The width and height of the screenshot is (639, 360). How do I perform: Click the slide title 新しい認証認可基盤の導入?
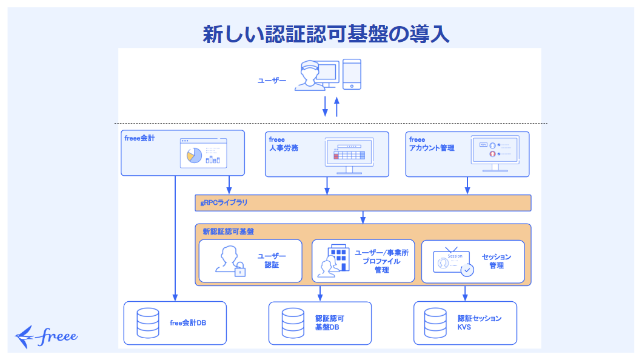(x=326, y=34)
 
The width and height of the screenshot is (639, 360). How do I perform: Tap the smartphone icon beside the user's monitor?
(x=352, y=74)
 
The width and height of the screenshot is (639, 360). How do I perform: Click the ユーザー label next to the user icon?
(x=272, y=80)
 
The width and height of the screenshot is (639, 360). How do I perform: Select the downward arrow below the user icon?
(x=325, y=106)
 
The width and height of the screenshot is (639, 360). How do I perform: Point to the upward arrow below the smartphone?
(x=337, y=106)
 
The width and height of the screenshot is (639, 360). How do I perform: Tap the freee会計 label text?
(x=139, y=138)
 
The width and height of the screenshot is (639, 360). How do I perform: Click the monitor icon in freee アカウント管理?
(x=495, y=153)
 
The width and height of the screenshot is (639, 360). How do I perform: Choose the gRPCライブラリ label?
(x=224, y=203)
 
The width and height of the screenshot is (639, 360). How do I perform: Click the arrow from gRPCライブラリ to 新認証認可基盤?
(x=363, y=217)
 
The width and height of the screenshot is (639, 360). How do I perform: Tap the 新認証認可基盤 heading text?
(x=228, y=232)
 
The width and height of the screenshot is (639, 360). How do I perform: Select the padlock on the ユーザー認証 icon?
(x=240, y=270)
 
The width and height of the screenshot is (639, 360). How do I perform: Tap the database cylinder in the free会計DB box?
(x=148, y=323)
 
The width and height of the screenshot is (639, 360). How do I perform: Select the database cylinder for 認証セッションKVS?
(x=435, y=323)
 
